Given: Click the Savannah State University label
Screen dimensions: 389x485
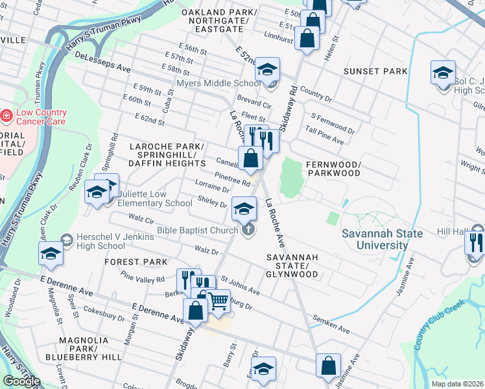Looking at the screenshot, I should [x=366, y=239].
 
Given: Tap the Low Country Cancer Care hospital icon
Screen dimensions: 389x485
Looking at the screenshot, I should [x=6, y=115].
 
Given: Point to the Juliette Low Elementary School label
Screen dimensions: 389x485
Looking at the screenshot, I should [x=152, y=198].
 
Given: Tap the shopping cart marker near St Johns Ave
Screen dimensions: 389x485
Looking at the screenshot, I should [x=219, y=301].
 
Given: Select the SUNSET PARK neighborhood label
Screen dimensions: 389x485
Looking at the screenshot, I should [x=375, y=71].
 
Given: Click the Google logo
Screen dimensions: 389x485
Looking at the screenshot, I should [x=21, y=381].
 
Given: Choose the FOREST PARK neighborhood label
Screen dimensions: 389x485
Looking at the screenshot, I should [x=136, y=262].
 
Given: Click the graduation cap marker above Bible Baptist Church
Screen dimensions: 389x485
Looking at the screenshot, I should [x=243, y=208].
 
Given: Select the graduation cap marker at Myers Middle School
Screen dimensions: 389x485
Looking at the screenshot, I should [x=266, y=69].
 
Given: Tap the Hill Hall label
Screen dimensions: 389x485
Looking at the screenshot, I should [x=451, y=231].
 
